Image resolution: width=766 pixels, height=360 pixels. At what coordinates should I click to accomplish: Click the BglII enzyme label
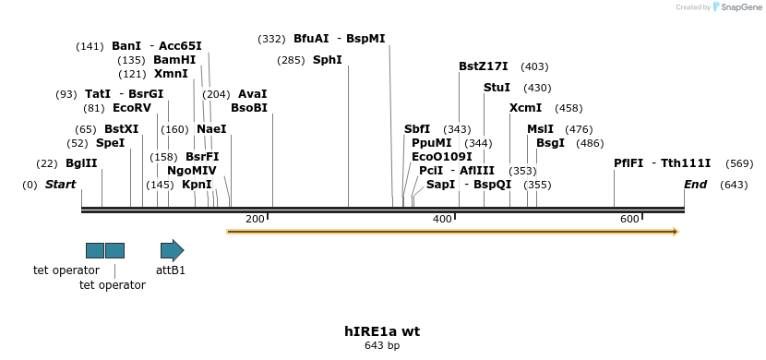point(81,163)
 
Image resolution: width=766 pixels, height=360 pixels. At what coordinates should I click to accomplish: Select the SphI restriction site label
point(328,60)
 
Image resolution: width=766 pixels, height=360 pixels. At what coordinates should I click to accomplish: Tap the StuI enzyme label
point(497,88)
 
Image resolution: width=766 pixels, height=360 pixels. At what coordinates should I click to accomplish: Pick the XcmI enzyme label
point(526,108)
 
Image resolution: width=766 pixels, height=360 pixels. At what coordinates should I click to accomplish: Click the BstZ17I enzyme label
point(484,66)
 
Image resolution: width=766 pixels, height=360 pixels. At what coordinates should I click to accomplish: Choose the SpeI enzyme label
point(110,143)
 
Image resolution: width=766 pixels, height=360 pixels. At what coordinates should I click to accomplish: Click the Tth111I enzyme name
point(686,163)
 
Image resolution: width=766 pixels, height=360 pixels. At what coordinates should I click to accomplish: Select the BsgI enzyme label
point(550,143)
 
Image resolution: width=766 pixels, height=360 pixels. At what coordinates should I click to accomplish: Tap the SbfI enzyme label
point(417,129)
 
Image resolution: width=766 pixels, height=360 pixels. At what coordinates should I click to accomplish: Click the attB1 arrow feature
point(172,250)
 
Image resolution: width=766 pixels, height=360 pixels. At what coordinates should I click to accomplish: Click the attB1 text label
point(171,270)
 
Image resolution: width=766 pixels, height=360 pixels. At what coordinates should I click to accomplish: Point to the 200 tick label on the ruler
point(255,219)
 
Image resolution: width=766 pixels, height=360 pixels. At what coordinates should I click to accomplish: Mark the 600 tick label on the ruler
point(629,219)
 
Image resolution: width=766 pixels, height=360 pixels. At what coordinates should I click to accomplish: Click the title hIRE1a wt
point(382,330)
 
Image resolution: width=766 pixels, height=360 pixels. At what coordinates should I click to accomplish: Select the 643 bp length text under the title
point(382,346)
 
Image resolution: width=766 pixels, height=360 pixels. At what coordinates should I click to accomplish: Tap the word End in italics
point(695,185)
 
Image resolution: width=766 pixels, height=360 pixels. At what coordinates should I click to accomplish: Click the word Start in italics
point(60,185)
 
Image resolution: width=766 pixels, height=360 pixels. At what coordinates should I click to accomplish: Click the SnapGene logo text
point(737,7)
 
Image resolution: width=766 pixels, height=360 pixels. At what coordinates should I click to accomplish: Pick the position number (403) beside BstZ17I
point(534,66)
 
